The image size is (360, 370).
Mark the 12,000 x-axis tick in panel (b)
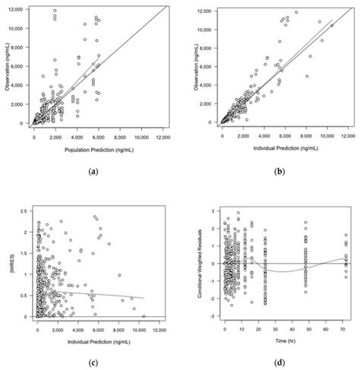(x=348, y=138)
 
